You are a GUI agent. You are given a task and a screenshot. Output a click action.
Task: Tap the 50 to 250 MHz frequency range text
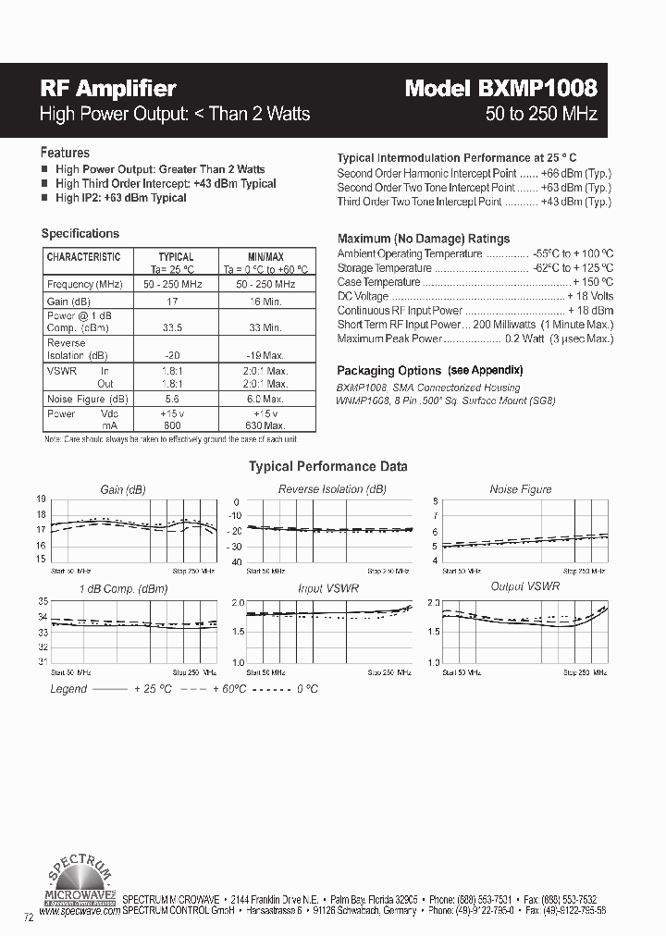pos(541,115)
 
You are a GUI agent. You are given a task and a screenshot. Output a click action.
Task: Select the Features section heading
pos(65,153)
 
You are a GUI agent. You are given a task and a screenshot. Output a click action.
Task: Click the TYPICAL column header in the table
pos(176,256)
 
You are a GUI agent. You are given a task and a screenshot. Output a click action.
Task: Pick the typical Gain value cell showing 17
pos(172,301)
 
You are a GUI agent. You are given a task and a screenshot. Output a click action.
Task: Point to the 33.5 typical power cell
pos(172,327)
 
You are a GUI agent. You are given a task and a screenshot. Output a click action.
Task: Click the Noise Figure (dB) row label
pos(88,399)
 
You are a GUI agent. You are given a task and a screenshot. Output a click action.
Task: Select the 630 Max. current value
pos(266,425)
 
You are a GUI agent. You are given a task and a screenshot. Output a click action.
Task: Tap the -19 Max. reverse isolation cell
pos(266,356)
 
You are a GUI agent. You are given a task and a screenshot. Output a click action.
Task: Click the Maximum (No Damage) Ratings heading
pos(423,239)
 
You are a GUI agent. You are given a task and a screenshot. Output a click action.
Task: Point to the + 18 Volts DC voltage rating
pos(589,296)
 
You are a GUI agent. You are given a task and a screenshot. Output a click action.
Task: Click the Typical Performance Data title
pos(327,467)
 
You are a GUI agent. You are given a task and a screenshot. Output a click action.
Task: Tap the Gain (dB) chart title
pos(123,489)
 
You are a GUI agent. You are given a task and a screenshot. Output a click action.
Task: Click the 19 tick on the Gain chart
pos(41,499)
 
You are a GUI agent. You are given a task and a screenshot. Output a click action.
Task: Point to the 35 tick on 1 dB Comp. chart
pos(41,602)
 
